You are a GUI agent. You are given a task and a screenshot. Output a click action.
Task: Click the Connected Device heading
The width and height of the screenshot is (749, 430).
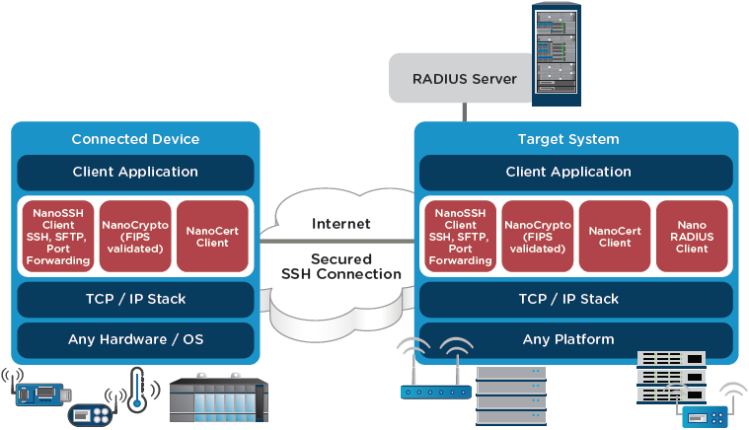pos(135,139)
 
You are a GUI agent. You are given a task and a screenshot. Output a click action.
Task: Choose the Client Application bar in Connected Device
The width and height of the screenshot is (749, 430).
pos(135,172)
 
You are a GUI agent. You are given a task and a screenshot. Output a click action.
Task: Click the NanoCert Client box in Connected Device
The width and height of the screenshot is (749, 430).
pos(212,236)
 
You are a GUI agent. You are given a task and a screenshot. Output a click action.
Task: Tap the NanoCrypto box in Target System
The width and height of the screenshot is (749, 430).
pos(537,236)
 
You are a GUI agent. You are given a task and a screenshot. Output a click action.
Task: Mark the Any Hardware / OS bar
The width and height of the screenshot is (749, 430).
pos(135,340)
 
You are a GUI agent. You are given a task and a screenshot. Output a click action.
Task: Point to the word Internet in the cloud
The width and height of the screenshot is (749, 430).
pos(341,224)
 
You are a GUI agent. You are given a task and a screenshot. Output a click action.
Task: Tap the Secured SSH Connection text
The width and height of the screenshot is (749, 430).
pos(341,266)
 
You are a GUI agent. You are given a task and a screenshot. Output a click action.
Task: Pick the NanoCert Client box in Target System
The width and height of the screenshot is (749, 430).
pos(615,236)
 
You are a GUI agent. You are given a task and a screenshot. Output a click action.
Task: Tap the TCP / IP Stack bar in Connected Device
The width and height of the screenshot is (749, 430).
pos(135,299)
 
